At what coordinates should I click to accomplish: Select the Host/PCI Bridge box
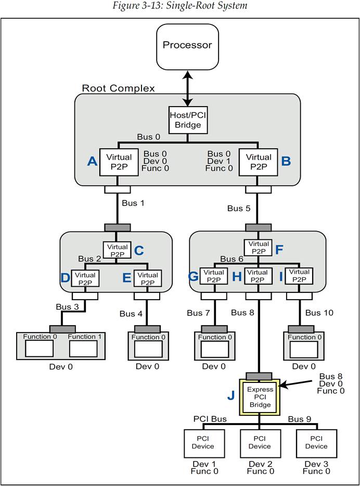187,121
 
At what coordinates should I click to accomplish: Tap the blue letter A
92,161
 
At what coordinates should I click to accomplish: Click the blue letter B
286,161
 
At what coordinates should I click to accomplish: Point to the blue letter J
230,395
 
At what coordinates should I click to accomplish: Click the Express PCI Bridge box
260,397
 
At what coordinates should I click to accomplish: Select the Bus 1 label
133,203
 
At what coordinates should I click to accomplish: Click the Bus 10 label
319,313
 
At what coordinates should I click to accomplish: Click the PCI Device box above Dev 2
260,442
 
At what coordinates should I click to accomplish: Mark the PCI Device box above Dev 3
316,442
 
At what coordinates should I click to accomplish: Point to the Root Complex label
118,88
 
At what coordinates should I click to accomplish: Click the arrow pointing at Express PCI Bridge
298,386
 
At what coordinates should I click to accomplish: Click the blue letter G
193,277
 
